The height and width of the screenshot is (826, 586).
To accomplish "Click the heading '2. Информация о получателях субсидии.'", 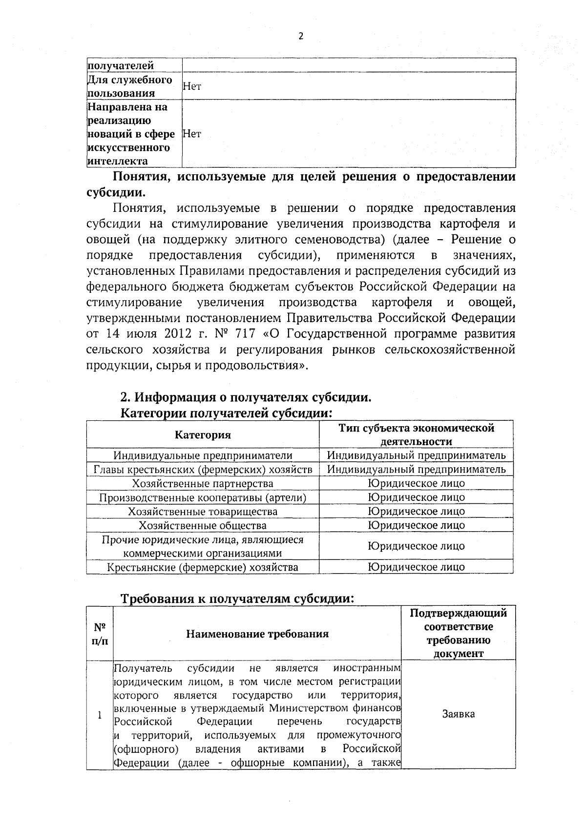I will [x=246, y=398].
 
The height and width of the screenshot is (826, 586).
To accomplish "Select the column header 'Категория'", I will [x=203, y=434].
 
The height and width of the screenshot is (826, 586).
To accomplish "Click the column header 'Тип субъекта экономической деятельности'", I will [x=416, y=434].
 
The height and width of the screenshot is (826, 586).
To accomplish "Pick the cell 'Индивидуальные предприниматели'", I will [x=203, y=455].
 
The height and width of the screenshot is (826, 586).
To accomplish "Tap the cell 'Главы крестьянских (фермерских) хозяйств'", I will [x=203, y=470].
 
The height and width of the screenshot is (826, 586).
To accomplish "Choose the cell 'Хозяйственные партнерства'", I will [x=203, y=484].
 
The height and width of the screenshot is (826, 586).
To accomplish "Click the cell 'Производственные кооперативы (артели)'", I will [x=203, y=497].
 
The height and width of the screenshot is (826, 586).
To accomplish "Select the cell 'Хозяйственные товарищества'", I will [x=203, y=512].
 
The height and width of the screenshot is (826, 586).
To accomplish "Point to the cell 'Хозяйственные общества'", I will [x=203, y=525].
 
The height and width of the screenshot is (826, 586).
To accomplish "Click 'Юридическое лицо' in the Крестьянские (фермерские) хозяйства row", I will [x=416, y=567].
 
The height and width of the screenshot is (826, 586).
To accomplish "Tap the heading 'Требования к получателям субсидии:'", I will [x=237, y=599].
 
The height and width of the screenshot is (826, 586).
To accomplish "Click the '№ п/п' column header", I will [x=100, y=633].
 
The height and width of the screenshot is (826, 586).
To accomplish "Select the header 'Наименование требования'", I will [x=257, y=634].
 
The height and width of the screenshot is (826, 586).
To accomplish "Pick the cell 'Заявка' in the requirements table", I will [x=458, y=714].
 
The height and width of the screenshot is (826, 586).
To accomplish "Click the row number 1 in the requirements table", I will [x=100, y=715].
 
